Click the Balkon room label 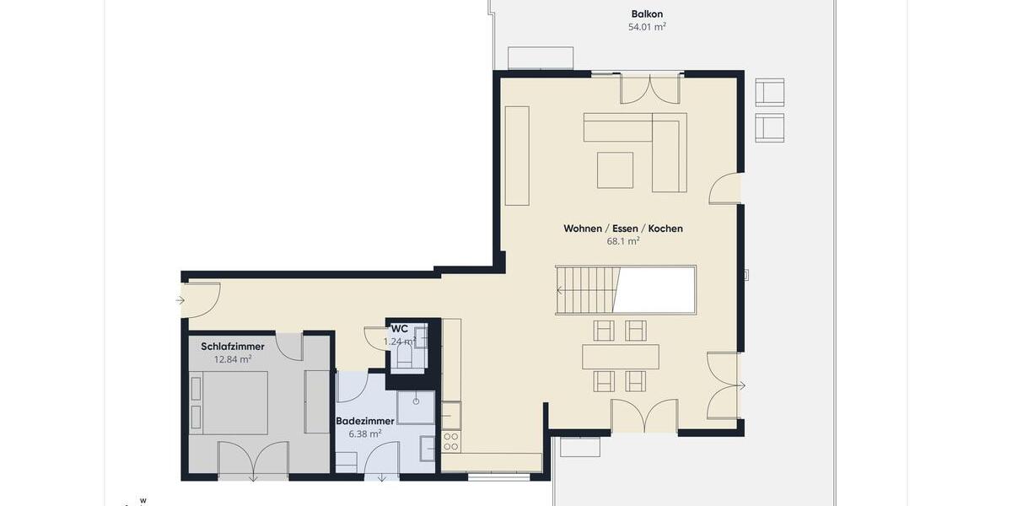[648, 13]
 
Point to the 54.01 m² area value [648, 27]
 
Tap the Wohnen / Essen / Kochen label [623, 229]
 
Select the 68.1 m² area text [623, 241]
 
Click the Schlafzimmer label [233, 347]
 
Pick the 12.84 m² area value [233, 359]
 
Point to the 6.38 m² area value [365, 433]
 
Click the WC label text [400, 329]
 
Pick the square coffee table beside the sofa [615, 170]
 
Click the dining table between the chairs [620, 357]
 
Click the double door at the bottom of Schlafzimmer [253, 460]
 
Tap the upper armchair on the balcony [769, 92]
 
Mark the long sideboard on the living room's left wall [517, 156]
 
